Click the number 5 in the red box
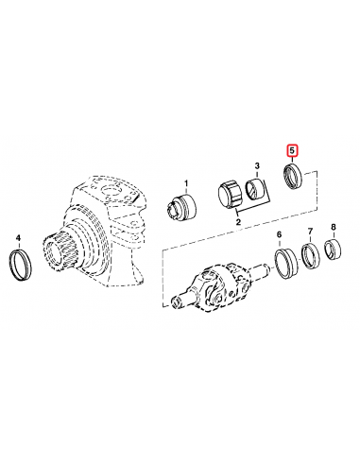293,149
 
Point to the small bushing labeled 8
334,250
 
